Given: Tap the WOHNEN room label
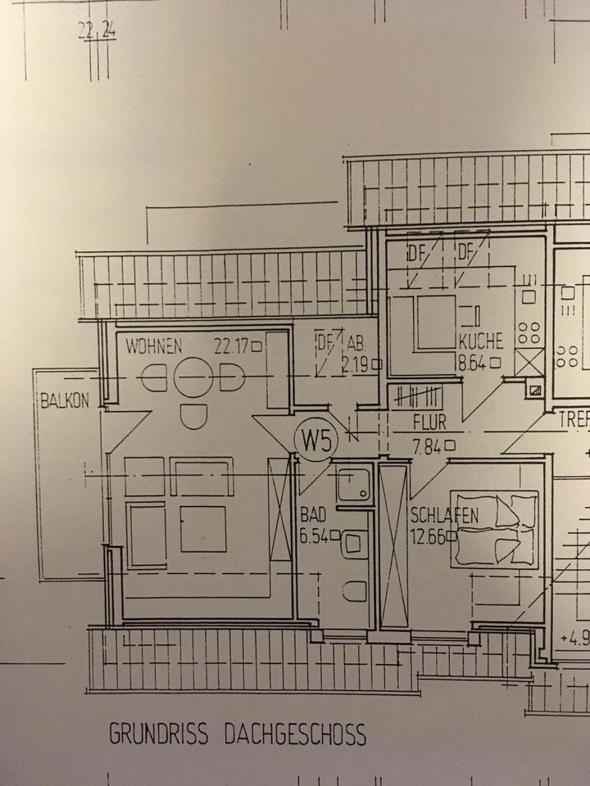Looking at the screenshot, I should coord(153,346).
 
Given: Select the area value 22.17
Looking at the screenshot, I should coord(232,346).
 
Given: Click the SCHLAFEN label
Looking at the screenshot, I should coord(442,517).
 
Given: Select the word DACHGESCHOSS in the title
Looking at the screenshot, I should coord(295,734).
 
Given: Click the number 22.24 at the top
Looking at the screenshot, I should coord(97,33).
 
